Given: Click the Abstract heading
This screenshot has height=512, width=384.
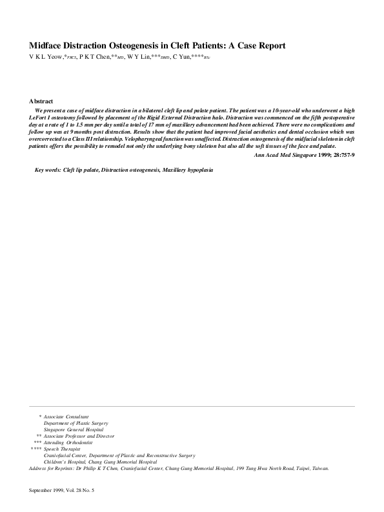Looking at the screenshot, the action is point(41,101).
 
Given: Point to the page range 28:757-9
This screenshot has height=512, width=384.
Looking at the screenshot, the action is point(339,156).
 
